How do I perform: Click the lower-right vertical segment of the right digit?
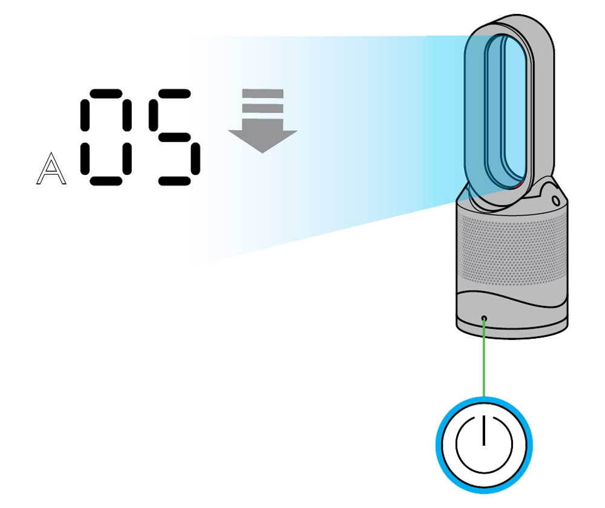point(195,158)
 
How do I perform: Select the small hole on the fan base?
point(484,318)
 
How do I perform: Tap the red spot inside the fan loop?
point(519,183)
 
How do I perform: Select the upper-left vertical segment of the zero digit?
point(85,116)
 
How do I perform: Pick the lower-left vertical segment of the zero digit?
point(85,158)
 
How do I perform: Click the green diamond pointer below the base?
point(484,363)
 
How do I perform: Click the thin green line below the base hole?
point(484,330)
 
